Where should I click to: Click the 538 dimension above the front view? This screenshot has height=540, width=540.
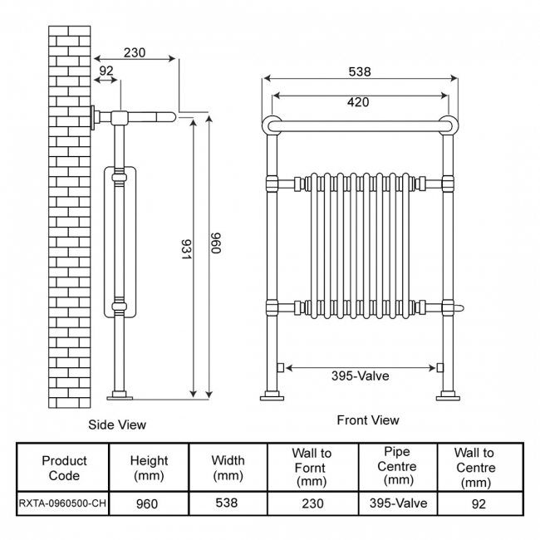click(x=359, y=72)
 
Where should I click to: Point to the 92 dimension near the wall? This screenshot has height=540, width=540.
click(x=106, y=72)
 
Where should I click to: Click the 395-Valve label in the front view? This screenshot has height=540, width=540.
click(x=360, y=376)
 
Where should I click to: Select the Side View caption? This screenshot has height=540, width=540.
click(x=117, y=425)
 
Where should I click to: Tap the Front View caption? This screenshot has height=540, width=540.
click(x=368, y=420)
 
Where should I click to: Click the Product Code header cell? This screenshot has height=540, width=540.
click(x=64, y=468)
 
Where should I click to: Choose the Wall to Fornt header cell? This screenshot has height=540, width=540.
click(x=312, y=468)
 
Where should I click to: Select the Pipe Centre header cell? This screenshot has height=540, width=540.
click(x=396, y=467)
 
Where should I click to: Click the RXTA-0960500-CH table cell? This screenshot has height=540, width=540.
click(x=64, y=503)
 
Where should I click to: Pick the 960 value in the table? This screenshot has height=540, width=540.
click(x=147, y=503)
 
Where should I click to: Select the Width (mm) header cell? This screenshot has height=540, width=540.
click(x=228, y=468)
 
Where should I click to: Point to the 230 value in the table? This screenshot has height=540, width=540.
click(x=312, y=503)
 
